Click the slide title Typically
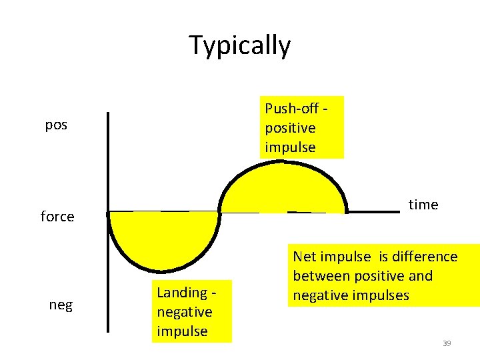tap(240, 45)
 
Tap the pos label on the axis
tap(56, 125)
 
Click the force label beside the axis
tap(57, 217)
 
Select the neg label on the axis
tap(61, 305)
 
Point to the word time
tap(423, 205)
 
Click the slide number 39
tap(447, 343)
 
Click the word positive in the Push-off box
tap(290, 127)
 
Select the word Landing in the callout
tap(181, 292)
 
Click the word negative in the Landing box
tap(184, 312)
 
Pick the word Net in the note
tap(305, 257)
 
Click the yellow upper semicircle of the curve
tap(283, 190)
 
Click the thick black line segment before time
tap(373, 212)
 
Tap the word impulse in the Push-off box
tap(290, 147)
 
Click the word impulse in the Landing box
tap(182, 331)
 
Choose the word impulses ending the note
tap(378, 295)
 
